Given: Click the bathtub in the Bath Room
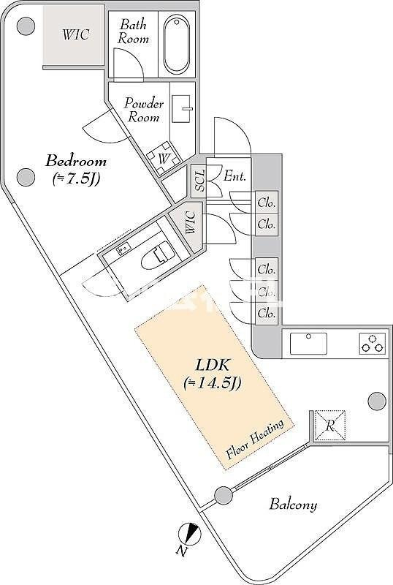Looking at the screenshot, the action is click(x=176, y=44).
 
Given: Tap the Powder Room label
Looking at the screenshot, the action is click(x=144, y=110).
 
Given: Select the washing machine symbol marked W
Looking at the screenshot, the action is click(x=164, y=158).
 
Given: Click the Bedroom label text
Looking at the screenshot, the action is click(x=76, y=161).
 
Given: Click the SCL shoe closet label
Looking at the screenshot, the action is click(x=200, y=181).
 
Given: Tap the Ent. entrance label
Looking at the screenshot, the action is click(x=235, y=175).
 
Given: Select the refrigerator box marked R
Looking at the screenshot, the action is click(x=330, y=426).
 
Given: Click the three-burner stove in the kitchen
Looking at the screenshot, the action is click(x=372, y=344).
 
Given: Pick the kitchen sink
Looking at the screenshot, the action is click(x=308, y=343).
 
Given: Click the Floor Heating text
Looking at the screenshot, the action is click(x=256, y=439).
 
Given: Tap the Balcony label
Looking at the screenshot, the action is click(x=293, y=505).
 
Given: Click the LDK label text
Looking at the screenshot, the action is click(x=213, y=365).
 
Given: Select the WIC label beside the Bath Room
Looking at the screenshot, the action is click(x=76, y=34).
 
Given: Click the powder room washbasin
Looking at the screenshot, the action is click(x=182, y=109).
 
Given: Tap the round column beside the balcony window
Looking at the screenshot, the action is click(x=224, y=496).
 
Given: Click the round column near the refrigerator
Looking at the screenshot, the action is click(x=377, y=401).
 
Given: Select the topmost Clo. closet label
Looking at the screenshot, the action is click(x=267, y=203).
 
